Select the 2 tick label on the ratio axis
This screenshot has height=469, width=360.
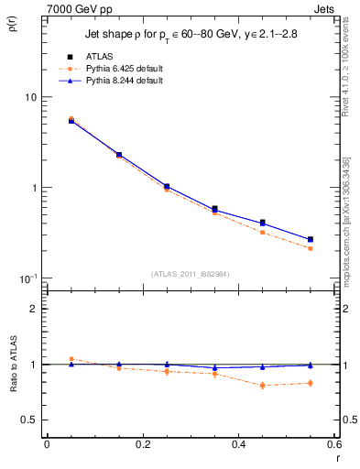coord(35,309)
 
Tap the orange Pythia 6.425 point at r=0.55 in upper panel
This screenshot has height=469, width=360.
coord(311,248)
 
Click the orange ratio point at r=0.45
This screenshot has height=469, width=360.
coord(263,386)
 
